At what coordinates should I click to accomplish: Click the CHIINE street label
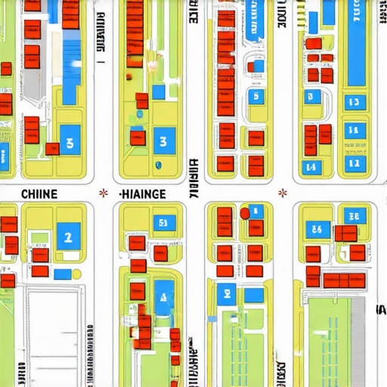[39, 193]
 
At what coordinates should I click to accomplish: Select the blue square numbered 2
[68, 237]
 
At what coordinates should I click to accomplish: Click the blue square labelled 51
[164, 223]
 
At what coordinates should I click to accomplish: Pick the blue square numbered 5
[256, 96]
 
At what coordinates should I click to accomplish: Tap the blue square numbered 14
[310, 166]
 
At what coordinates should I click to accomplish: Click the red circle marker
[244, 214]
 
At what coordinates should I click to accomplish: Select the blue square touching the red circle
[256, 211]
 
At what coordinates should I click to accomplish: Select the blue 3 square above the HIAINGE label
[164, 141]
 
